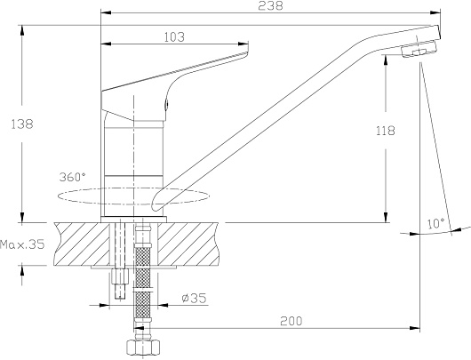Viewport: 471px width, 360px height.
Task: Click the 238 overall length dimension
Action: (x=270, y=5)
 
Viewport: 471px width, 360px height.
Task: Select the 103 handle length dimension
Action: (x=174, y=37)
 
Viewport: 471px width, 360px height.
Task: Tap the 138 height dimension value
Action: (x=22, y=124)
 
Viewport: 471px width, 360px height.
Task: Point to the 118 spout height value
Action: (x=386, y=131)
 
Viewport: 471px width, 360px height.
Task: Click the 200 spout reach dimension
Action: (x=291, y=321)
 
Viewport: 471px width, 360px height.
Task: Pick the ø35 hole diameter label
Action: (x=195, y=298)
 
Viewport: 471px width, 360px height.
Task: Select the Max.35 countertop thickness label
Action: (x=22, y=244)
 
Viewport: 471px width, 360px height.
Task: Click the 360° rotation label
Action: (x=72, y=177)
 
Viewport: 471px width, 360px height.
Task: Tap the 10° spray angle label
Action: (x=435, y=224)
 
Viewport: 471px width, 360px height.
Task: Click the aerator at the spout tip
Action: (x=419, y=50)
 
